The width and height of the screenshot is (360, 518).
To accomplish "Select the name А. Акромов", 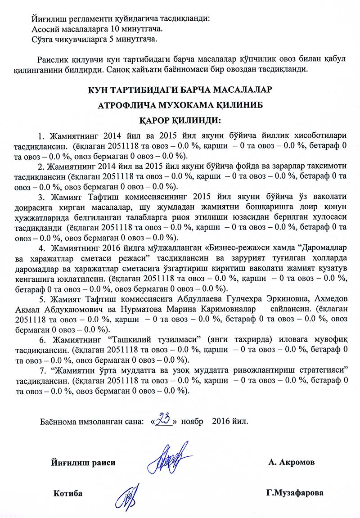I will [291, 462].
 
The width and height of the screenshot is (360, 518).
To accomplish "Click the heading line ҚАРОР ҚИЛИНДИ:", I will [179, 121].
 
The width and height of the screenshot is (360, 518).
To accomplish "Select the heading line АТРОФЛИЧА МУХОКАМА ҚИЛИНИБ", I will [179, 105].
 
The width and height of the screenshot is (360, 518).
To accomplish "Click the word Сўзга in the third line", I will [44, 40].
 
